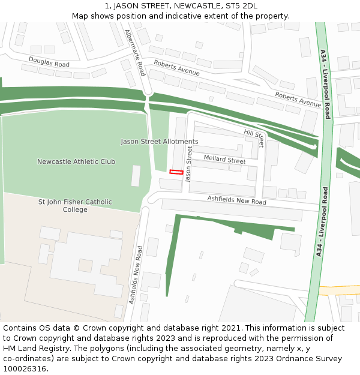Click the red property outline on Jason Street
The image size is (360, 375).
coord(176,172)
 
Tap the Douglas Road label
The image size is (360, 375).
coord(49,61)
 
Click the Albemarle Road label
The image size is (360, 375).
coord(135,53)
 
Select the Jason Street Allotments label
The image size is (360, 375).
coord(159,142)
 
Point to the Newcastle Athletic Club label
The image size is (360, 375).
coord(76,161)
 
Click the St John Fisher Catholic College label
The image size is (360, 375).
coord(75,206)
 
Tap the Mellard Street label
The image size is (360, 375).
coord(224,160)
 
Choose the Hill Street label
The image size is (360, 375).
coord(254,137)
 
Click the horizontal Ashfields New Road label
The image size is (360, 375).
coord(236,200)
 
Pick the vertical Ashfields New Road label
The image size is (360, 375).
coord(136,274)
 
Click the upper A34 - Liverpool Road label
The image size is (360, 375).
coord(325,84)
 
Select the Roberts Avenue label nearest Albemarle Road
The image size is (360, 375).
coord(176,67)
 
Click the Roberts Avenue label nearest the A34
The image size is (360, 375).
coord(298,100)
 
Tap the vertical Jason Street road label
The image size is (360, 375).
coord(188,164)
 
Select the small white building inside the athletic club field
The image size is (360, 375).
coord(136,175)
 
